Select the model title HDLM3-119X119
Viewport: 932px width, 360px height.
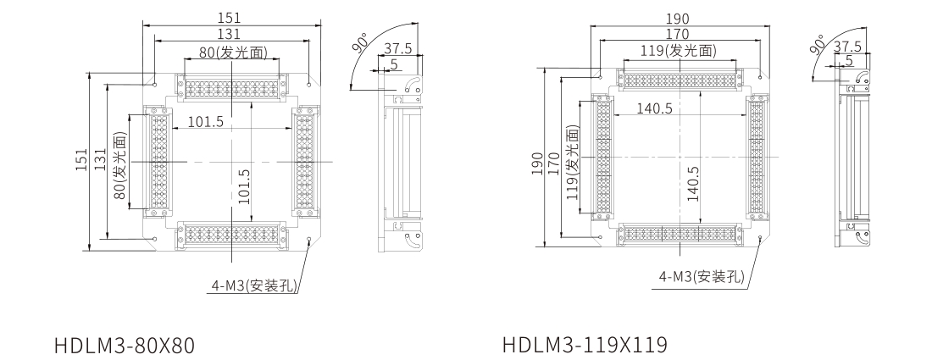[585, 347]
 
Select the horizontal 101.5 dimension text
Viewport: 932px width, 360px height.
[206, 122]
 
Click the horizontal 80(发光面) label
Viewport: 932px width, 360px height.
[233, 53]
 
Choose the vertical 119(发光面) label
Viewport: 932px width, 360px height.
[574, 161]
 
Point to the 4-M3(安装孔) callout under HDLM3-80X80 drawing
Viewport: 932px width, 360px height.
[254, 285]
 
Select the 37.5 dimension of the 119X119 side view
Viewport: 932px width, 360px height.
[847, 46]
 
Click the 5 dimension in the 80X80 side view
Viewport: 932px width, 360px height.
[394, 64]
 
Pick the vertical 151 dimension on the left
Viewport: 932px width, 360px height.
[80, 162]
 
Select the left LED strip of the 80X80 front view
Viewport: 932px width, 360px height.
[158, 161]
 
